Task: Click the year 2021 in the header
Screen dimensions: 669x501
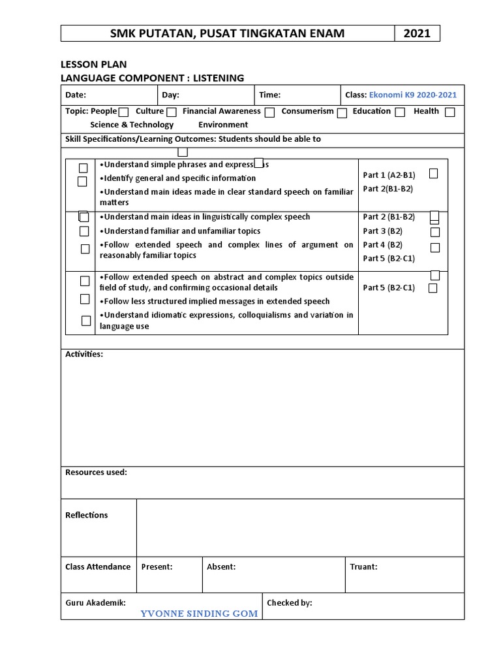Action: (417, 33)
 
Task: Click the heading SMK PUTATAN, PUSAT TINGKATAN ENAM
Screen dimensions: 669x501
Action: (227, 33)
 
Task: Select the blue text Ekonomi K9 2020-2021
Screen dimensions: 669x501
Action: (413, 95)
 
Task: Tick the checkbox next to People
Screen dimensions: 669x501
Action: (124, 112)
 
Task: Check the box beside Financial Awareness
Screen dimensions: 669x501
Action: (269, 112)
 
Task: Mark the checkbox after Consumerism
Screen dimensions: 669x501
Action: (342, 112)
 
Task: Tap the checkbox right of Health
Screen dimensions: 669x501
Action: (449, 112)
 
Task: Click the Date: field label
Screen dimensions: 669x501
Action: (76, 95)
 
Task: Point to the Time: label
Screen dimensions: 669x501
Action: (269, 95)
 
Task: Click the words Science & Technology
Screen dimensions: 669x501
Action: (132, 125)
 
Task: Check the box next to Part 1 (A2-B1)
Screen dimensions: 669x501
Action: (434, 174)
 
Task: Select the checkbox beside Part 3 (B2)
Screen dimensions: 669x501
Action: (435, 232)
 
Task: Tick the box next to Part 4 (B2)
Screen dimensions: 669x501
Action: (435, 248)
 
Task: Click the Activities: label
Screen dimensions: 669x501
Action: (84, 354)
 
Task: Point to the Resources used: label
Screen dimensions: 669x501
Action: (96, 472)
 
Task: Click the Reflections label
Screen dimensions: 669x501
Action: (87, 515)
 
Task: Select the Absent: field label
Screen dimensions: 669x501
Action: (221, 566)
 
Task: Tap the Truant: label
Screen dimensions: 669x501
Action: (363, 566)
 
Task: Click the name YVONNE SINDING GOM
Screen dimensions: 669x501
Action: (200, 613)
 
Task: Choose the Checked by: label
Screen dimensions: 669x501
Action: (289, 603)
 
